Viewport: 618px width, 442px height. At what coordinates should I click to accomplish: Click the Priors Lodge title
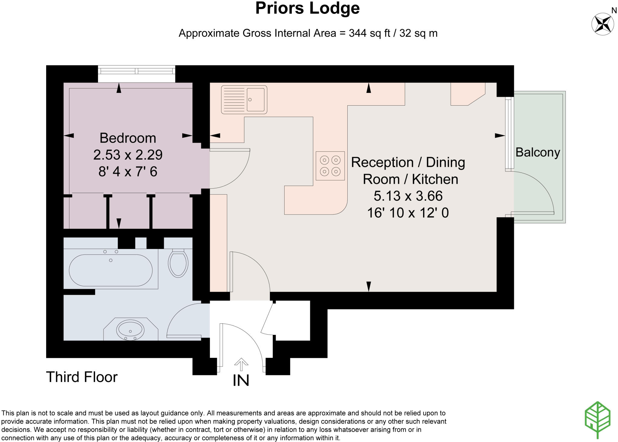(307, 8)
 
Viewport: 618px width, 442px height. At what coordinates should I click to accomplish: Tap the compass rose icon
(602, 24)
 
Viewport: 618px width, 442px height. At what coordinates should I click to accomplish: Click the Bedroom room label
(128, 138)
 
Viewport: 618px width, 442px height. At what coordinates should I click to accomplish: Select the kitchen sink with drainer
(244, 100)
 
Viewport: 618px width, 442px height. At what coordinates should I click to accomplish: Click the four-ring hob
(330, 166)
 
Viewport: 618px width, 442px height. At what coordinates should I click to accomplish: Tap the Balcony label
(537, 152)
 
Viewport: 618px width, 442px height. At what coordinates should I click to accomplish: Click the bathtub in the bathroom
(111, 270)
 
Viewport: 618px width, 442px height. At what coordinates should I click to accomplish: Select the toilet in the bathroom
(178, 263)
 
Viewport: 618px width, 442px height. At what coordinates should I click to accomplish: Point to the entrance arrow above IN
(241, 364)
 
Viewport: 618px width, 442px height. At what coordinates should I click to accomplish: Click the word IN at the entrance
(241, 381)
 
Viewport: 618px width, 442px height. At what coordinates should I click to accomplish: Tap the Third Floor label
(81, 377)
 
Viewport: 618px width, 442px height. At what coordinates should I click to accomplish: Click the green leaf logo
(597, 419)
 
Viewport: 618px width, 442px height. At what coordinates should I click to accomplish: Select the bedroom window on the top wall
(136, 71)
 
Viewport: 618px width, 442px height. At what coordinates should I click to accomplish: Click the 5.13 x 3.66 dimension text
(408, 196)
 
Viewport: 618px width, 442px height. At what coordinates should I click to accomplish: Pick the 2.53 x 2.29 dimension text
(128, 155)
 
